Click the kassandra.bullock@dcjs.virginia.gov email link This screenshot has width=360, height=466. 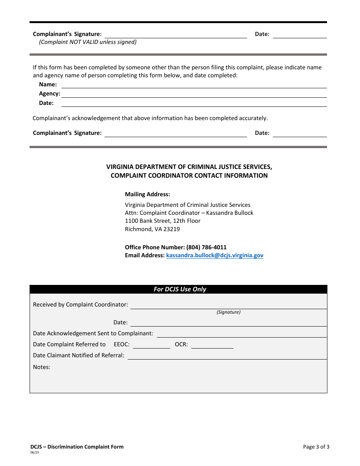(214, 255)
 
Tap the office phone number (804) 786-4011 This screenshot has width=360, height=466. (206, 247)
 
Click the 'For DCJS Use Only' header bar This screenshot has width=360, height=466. (180, 289)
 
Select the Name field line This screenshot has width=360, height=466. (194, 85)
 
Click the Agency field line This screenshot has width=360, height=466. (194, 94)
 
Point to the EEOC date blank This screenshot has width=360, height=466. (151, 345)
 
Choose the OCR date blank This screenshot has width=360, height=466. (212, 345)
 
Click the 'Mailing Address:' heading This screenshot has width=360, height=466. (147, 194)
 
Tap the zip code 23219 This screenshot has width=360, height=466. (172, 229)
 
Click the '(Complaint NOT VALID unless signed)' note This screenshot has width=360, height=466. (88, 42)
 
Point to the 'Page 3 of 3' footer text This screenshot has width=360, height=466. (316, 447)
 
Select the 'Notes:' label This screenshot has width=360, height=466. (41, 367)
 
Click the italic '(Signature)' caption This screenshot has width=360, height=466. (229, 312)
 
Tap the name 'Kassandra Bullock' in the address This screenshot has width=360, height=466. (230, 213)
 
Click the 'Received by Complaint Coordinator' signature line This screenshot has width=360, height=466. (228, 305)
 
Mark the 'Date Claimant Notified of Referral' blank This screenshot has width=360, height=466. (227, 356)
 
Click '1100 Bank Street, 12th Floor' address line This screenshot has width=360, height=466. (163, 221)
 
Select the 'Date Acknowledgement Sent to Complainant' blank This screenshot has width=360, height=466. (241, 334)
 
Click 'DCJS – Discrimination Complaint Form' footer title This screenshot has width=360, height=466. (77, 447)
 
